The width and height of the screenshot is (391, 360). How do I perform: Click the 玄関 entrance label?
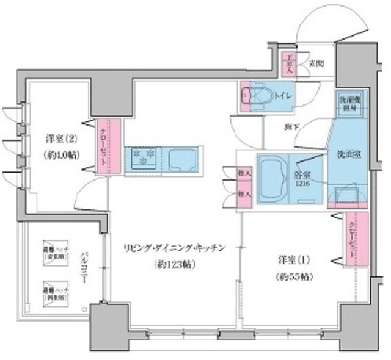click(316, 64)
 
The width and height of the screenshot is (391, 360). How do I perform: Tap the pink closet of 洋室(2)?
click(100, 145)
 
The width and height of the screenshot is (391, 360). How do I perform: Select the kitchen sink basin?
click(177, 160)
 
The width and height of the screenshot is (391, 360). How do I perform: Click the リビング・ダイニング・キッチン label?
click(172, 248)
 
